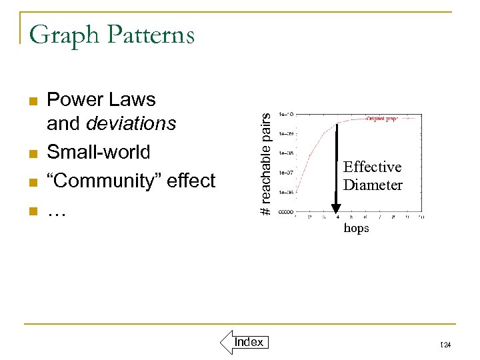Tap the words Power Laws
tap(101, 100)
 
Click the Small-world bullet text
tap(99, 152)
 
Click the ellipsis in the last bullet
tap(59, 211)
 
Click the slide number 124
tap(446, 345)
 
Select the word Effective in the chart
tap(372, 167)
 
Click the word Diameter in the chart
tap(373, 185)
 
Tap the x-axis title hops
tap(356, 229)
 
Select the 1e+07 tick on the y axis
tap(287, 173)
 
